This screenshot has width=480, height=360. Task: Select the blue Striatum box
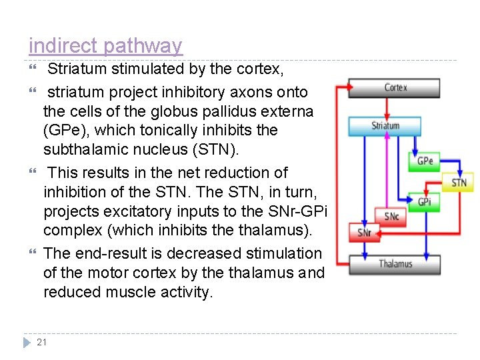pyautogui.click(x=386, y=126)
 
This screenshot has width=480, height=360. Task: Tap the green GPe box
pyautogui.click(x=425, y=161)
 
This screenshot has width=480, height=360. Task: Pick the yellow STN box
pyautogui.click(x=459, y=182)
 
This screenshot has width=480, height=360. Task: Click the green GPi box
pyautogui.click(x=425, y=201)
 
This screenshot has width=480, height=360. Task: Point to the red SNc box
pyautogui.click(x=391, y=216)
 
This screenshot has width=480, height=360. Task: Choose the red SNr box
pyautogui.click(x=364, y=233)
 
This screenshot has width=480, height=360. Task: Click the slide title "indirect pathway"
pyautogui.click(x=105, y=46)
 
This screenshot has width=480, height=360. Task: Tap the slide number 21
pyautogui.click(x=42, y=342)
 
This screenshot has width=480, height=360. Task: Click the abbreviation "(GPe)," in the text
pyautogui.click(x=63, y=130)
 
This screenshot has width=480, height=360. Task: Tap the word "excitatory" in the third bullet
pyautogui.click(x=137, y=211)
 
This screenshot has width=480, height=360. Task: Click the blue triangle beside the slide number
pyautogui.click(x=27, y=343)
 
